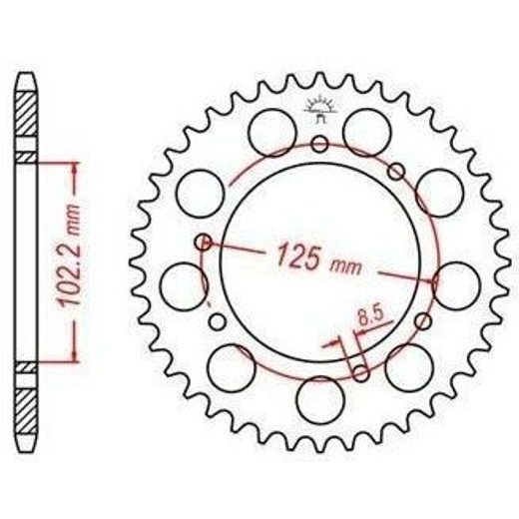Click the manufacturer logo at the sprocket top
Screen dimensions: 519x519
click(x=319, y=110)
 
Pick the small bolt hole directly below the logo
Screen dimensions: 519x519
click(x=319, y=144)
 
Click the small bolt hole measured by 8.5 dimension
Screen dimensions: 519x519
click(x=360, y=373)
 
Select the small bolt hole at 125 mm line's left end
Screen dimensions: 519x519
click(x=203, y=242)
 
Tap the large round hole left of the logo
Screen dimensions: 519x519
click(x=272, y=133)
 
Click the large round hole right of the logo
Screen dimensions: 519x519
click(x=367, y=133)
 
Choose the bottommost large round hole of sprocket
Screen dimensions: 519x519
click(x=319, y=400)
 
